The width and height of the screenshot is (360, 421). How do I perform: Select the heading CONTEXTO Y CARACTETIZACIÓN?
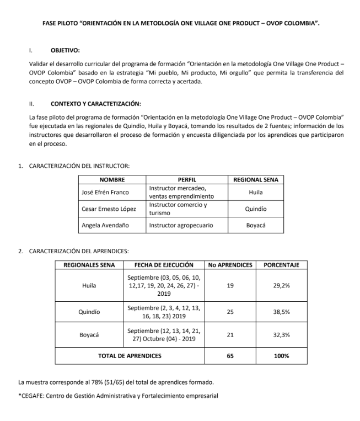(x=95, y=103)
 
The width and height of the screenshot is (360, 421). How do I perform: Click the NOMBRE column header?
(x=112, y=179)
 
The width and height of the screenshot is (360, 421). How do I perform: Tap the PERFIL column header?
(x=187, y=179)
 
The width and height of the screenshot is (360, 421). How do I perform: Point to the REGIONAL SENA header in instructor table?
(x=256, y=179)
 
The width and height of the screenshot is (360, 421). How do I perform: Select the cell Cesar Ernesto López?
(x=109, y=209)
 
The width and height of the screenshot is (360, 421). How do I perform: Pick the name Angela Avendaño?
(x=105, y=225)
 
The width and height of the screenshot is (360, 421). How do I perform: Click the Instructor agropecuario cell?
(x=180, y=225)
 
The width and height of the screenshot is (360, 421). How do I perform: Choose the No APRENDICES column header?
(x=230, y=265)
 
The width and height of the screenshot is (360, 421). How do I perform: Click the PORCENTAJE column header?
(x=281, y=265)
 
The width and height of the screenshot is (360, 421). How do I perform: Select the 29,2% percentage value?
(x=281, y=285)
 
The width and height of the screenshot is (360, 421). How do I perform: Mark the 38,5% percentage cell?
(x=281, y=312)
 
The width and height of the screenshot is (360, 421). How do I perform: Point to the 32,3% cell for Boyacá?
(x=281, y=335)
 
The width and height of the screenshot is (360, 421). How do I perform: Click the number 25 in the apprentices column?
(x=230, y=312)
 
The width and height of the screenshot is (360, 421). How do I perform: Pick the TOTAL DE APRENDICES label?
(x=130, y=356)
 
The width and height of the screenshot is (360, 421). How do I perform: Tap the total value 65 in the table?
(x=230, y=356)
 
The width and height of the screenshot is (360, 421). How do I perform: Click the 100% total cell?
(x=281, y=356)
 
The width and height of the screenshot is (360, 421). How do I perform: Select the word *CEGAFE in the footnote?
(x=33, y=395)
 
